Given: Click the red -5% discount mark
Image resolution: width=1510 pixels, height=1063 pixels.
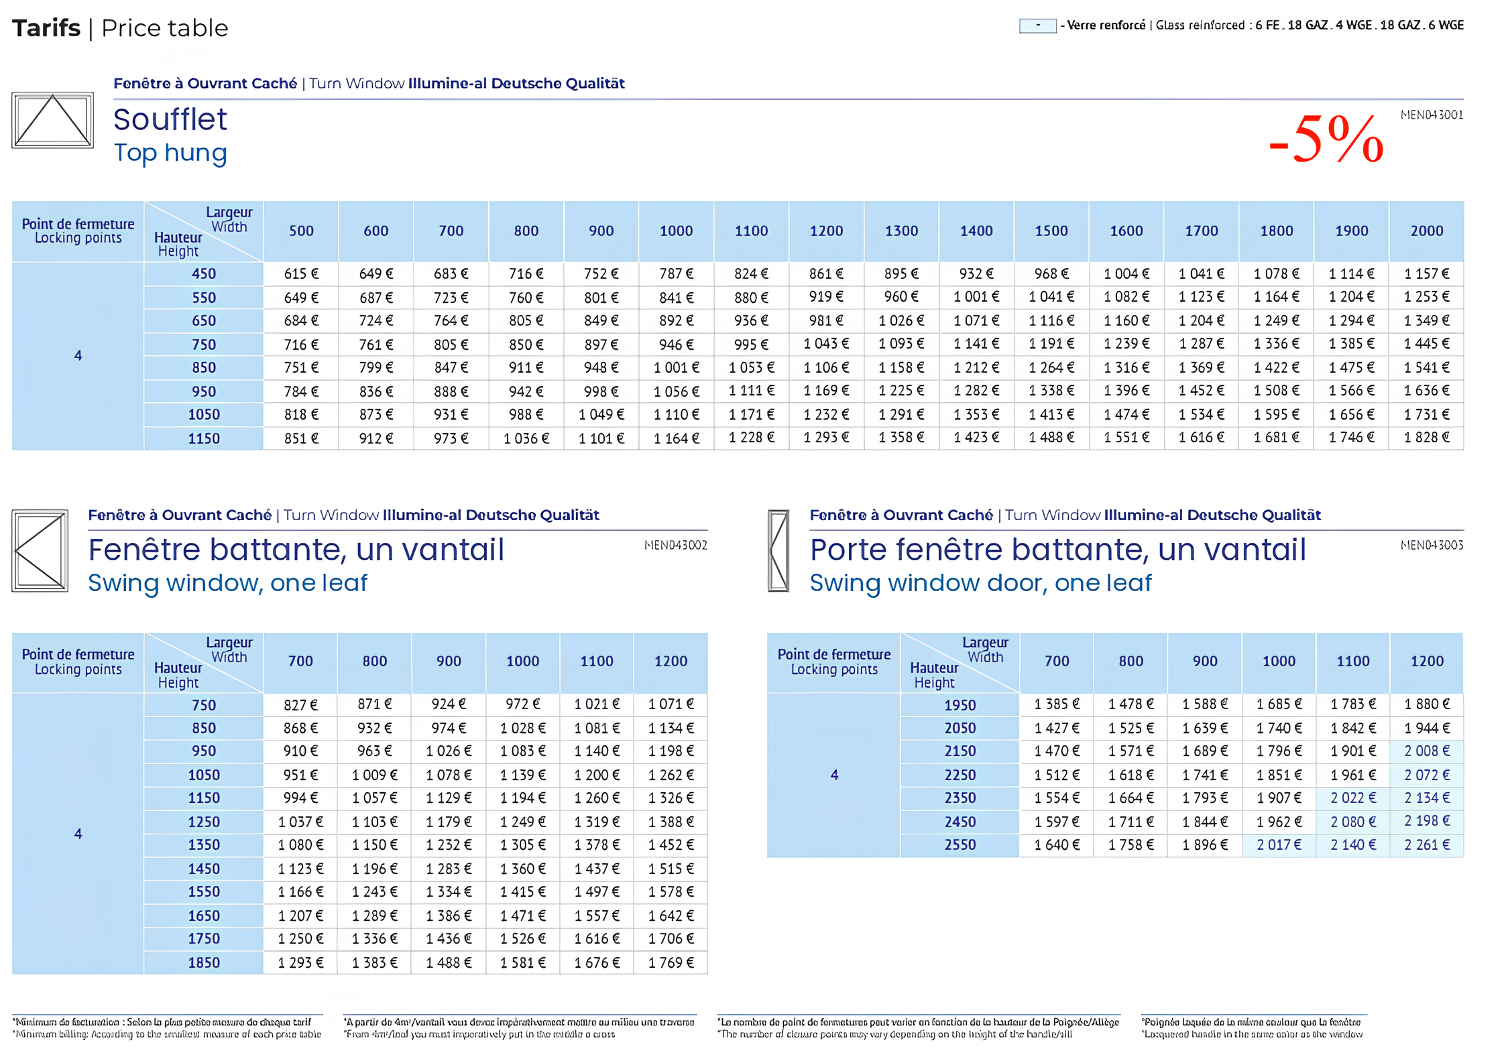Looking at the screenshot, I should click(x=1326, y=139).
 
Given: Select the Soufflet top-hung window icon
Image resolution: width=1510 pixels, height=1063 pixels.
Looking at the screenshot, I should click(x=52, y=121).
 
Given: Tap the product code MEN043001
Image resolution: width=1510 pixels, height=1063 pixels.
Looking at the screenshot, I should click(x=1431, y=115).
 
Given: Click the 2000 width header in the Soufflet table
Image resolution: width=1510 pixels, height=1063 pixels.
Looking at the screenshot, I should click(x=1426, y=231).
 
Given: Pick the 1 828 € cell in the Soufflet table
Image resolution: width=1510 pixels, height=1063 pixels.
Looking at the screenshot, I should click(x=1426, y=438).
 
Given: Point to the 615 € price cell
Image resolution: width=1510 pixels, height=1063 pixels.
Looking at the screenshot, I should click(x=301, y=273).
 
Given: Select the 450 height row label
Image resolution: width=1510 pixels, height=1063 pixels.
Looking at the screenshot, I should click(x=204, y=273).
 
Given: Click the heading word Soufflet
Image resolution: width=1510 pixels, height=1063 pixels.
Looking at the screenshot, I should click(x=170, y=119).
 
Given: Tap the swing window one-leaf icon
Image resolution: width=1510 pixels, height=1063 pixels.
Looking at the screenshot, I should click(x=40, y=550).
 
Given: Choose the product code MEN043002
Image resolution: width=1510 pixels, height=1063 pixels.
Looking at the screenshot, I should click(x=675, y=545).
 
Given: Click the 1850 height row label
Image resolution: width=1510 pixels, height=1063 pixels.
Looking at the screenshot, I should click(x=204, y=962).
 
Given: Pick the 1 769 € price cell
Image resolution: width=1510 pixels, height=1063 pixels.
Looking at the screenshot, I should click(x=671, y=962).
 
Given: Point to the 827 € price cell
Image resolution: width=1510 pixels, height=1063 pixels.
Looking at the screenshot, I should click(x=300, y=704).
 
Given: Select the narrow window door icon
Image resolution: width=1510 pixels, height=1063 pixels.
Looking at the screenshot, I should click(x=778, y=550).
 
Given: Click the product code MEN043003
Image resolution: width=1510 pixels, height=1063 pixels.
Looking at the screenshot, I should click(x=1431, y=545).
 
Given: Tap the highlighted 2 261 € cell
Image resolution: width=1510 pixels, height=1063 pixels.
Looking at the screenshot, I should click(x=1427, y=845).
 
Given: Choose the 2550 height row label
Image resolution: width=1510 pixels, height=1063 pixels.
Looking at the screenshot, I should click(x=960, y=845).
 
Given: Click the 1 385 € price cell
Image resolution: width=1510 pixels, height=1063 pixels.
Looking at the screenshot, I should click(x=1057, y=704).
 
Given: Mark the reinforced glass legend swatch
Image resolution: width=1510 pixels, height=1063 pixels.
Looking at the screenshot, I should click(x=1037, y=25).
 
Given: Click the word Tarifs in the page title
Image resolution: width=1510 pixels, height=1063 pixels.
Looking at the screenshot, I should click(x=46, y=28).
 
